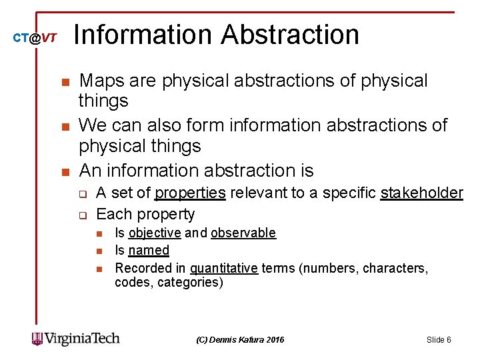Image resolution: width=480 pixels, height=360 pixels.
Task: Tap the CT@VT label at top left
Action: (x=35, y=39)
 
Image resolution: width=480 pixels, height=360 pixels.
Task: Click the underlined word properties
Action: (x=190, y=193)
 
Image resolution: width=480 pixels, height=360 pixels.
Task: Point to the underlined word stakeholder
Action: (x=421, y=193)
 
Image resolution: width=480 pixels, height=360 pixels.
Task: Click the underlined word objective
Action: (x=155, y=233)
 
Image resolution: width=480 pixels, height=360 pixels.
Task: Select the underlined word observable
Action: (x=243, y=233)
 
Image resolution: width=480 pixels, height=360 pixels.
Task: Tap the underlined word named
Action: (x=149, y=250)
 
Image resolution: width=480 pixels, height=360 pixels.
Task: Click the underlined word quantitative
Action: (x=224, y=268)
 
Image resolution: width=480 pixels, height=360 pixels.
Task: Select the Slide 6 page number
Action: (x=439, y=340)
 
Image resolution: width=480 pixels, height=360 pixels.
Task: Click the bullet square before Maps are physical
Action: (x=65, y=82)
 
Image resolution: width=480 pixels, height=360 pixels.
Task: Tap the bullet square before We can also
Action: (x=65, y=126)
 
